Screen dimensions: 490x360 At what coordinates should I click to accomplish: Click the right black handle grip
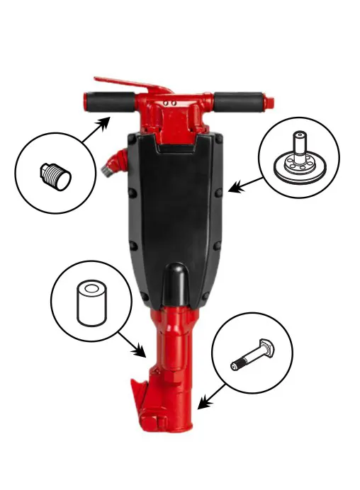(239, 103)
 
